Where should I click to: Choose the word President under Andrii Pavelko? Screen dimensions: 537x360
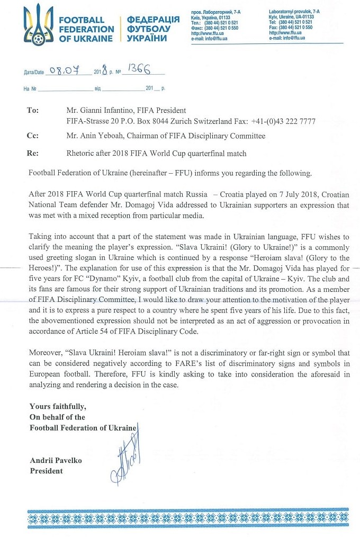(x=46, y=471)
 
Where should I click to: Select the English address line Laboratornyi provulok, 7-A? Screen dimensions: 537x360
(x=294, y=11)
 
